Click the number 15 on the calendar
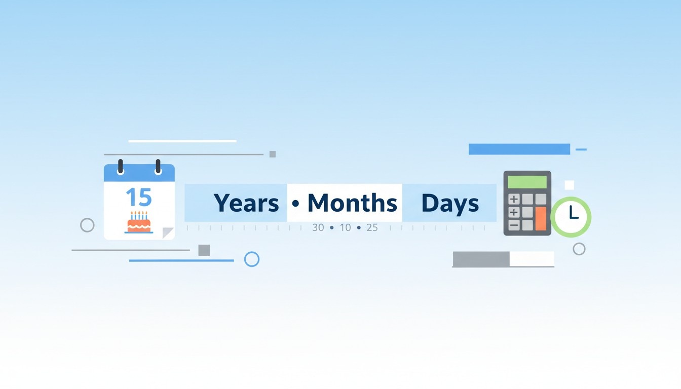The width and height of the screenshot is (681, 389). tap(138, 197)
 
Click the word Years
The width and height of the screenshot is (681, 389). tap(246, 203)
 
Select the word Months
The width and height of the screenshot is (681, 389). tap(352, 203)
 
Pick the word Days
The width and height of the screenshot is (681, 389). tap(450, 203)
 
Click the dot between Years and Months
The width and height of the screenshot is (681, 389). tap(296, 204)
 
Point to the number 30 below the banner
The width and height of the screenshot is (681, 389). tap(318, 228)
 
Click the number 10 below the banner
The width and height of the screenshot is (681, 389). tap(345, 228)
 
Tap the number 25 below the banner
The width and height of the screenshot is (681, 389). tap(372, 228)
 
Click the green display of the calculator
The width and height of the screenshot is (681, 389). tap(527, 182)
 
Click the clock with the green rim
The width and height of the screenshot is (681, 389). tap(571, 217)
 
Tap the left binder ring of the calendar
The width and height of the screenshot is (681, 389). tap(121, 167)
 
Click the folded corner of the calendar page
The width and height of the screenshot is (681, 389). tap(168, 233)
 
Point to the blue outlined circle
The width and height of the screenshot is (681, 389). tap(252, 259)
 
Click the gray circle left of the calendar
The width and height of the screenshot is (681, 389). tap(87, 225)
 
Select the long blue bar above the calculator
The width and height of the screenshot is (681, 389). tap(519, 149)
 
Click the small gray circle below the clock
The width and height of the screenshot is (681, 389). tap(579, 249)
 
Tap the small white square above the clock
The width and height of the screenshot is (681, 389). tap(569, 185)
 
